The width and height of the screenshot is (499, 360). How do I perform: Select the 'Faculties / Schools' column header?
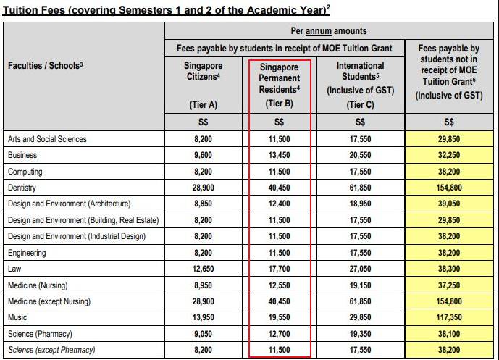click(46, 66)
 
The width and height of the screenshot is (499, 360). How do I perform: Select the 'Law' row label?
click(14, 269)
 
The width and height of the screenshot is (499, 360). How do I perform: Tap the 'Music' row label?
click(17, 318)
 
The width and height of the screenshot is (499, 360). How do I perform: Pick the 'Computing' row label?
click(25, 172)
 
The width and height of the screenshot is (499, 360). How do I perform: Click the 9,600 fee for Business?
click(203, 155)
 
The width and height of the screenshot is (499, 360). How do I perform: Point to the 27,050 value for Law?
click(351, 269)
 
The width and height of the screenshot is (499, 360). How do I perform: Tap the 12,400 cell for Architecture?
click(279, 204)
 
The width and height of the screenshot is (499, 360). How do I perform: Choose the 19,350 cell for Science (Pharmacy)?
click(351, 335)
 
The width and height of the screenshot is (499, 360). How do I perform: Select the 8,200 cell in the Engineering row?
click(203, 253)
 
